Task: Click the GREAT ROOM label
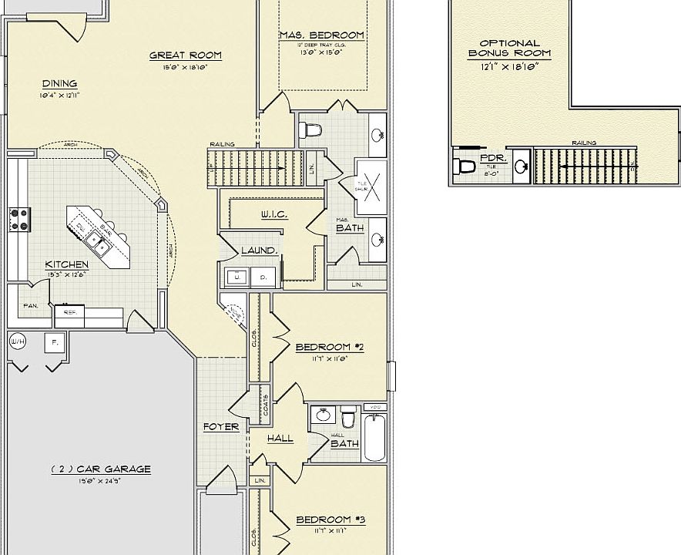(185, 55)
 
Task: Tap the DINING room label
(59, 84)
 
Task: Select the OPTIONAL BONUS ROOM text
(509, 49)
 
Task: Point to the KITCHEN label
(66, 264)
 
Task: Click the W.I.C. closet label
(273, 214)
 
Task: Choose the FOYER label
(221, 427)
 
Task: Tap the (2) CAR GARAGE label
(100, 469)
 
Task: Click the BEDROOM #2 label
(330, 347)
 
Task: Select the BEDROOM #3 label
(330, 520)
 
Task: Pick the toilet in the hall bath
(348, 417)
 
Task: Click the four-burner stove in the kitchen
(18, 219)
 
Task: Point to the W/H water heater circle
(17, 340)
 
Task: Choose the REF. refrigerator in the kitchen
(69, 313)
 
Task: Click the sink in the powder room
(521, 166)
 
